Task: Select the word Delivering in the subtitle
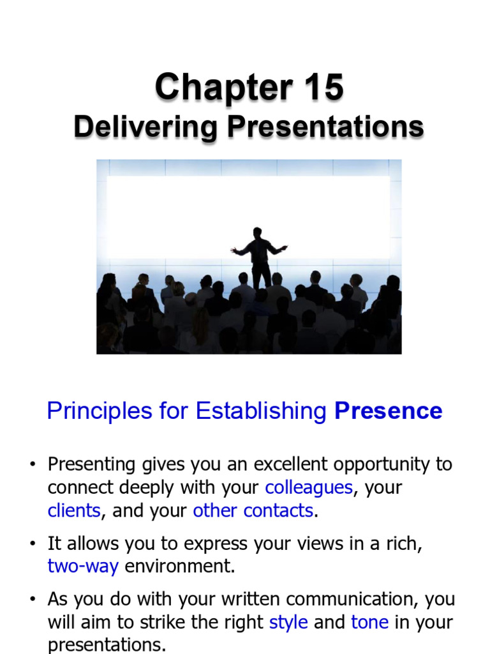tap(145, 127)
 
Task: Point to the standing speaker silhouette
tap(259, 258)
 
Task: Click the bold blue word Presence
tap(389, 411)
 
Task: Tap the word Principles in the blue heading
tap(100, 411)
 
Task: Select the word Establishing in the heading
tap(261, 411)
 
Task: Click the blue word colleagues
tap(309, 487)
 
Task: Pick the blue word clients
tap(74, 510)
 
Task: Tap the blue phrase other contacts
tap(253, 510)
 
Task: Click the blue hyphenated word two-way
tap(83, 567)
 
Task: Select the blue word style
tap(288, 622)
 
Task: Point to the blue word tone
tap(370, 622)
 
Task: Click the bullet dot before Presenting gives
tap(33, 465)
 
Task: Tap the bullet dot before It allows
tap(33, 544)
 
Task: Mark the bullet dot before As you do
tap(33, 599)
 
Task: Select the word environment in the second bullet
tap(179, 566)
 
